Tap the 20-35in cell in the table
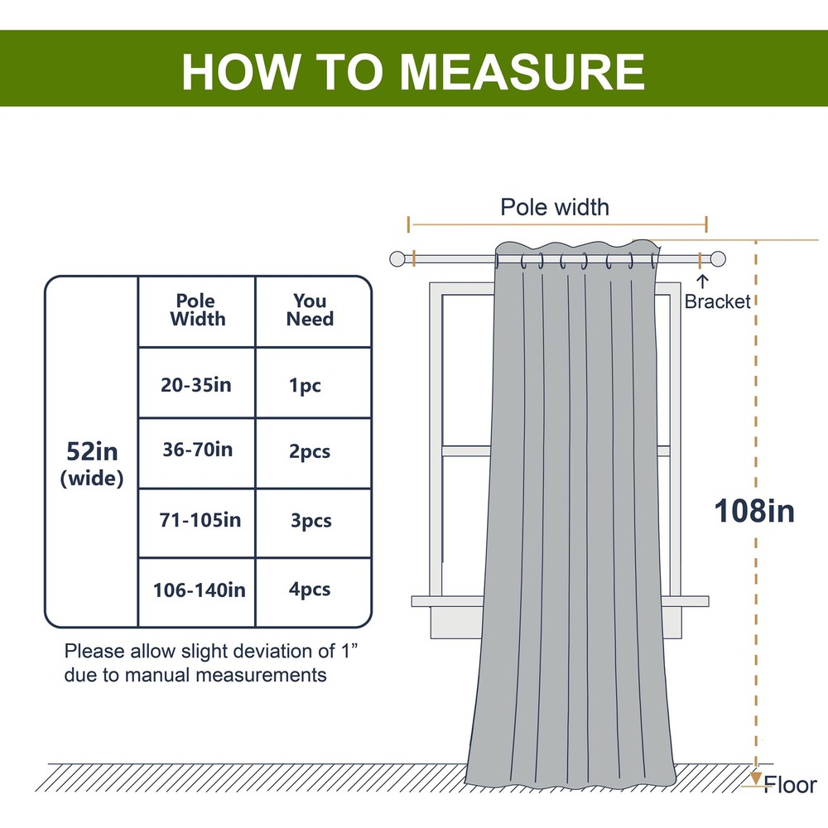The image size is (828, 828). coord(195,384)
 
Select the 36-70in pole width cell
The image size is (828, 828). coord(196,450)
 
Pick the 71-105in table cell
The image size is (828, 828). coord(200,520)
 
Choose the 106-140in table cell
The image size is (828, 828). coord(199,590)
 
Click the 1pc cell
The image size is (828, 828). coord(306,385)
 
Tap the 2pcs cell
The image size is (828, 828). coord(310,451)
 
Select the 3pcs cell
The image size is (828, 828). coord(310,521)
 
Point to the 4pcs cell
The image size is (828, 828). coord(310,590)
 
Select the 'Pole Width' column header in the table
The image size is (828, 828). coord(197,310)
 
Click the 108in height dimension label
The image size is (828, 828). coord(754,511)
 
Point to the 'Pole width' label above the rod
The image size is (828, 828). coord(554,207)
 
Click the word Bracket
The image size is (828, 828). coord(717,302)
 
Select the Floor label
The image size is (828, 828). coord(791,784)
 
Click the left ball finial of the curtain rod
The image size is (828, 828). coord(398,258)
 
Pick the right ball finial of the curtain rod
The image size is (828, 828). coord(718,258)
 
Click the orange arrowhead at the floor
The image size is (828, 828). coord(756,778)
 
